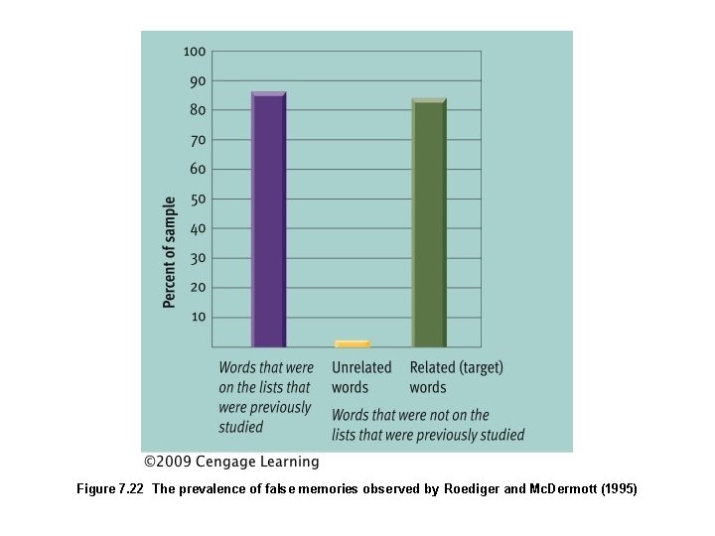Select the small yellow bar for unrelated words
pos(352,343)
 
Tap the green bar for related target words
pos(428,222)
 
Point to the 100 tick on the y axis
pos(194,52)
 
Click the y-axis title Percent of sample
pos(170,251)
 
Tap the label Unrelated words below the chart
pos(361,377)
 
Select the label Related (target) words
pos(456,377)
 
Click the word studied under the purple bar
pos(241,427)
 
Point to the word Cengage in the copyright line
pos(227,462)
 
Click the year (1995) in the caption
pos(616,489)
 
